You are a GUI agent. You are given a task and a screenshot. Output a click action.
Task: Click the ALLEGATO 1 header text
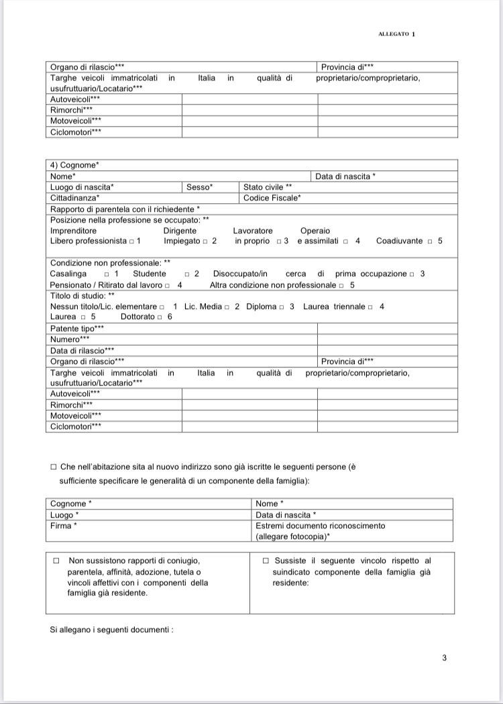tap(397, 34)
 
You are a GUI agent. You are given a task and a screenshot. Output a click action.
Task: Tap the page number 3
tap(444, 658)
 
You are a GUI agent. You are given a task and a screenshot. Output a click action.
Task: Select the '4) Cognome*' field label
tap(74, 165)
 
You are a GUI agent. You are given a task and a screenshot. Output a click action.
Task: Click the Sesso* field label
tap(199, 187)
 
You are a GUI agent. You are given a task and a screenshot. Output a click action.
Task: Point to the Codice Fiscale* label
tap(272, 198)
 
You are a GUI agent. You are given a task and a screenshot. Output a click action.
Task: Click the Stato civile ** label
tap(268, 187)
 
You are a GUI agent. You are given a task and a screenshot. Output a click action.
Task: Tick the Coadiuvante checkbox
tap(430, 241)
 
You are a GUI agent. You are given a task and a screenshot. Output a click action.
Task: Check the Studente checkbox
tap(186, 274)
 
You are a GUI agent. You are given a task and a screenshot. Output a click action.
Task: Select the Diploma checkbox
tap(282, 306)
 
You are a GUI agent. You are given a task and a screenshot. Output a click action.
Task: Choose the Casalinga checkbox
tap(107, 274)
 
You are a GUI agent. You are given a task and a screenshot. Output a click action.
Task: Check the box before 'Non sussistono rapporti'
tap(56, 561)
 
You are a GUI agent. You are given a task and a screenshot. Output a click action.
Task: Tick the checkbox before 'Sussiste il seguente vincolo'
tap(266, 561)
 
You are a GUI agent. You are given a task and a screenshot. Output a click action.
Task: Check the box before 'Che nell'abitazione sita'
tap(54, 467)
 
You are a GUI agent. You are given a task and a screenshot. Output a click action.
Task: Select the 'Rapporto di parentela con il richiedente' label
tap(125, 209)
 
